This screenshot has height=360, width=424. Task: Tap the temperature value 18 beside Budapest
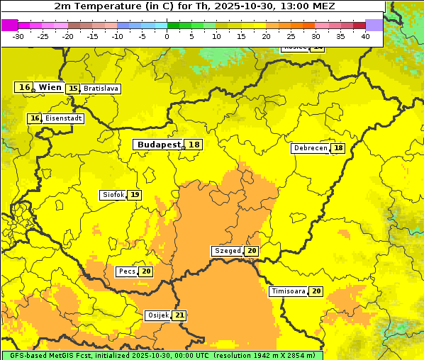(194, 145)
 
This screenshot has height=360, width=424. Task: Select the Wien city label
(50, 87)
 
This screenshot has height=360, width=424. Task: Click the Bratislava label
(100, 89)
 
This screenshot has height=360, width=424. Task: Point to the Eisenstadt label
(64, 118)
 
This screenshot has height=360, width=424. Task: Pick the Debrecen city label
(311, 148)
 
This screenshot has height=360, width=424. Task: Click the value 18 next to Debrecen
(339, 148)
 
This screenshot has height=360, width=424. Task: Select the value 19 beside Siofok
(135, 195)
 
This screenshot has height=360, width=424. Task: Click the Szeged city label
(228, 251)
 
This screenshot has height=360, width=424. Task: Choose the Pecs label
(128, 271)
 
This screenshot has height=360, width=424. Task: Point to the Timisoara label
(289, 291)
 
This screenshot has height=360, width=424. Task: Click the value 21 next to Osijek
(179, 315)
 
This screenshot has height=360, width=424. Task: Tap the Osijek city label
(157, 315)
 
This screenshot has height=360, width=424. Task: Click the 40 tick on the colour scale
(365, 35)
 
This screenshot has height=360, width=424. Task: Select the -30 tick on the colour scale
(18, 35)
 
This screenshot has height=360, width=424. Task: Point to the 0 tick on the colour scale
(167, 35)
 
